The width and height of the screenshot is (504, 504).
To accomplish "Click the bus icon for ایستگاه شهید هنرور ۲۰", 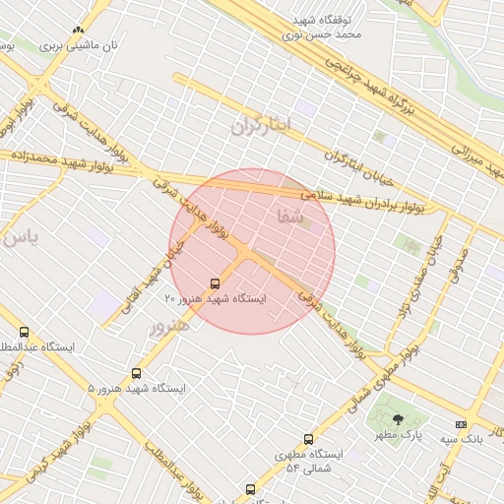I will [216, 283].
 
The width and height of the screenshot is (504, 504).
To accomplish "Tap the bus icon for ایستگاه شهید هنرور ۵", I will [136, 374].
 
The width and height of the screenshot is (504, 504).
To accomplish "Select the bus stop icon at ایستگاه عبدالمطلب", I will [24, 333].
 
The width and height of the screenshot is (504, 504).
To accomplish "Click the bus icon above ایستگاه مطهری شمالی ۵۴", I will [308, 439].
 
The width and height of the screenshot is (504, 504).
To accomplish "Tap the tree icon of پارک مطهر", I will [398, 419].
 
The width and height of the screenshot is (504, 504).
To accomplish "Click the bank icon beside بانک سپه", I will [461, 424].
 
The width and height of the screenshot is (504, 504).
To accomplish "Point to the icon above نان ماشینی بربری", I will [78, 31].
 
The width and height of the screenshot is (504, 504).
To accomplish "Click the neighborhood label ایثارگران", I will [263, 125].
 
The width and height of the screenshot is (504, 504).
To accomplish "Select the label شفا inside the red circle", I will [291, 218].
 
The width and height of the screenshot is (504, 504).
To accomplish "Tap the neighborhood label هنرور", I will [167, 324].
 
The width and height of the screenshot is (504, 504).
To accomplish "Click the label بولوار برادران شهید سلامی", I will [363, 202].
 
